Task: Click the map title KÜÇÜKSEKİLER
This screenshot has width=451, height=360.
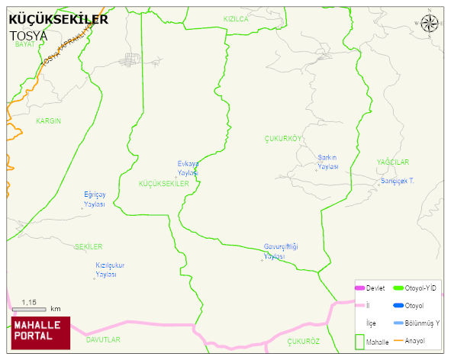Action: pyautogui.click(x=58, y=20)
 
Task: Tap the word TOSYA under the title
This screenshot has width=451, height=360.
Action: pyautogui.click(x=28, y=36)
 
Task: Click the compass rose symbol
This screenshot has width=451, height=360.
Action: pyautogui.click(x=430, y=24)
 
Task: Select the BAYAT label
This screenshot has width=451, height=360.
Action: pyautogui.click(x=25, y=45)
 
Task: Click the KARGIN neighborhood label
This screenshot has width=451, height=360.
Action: pyautogui.click(x=48, y=121)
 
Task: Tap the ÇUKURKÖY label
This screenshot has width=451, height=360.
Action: pyautogui.click(x=283, y=138)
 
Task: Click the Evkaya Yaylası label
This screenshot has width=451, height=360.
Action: pyautogui.click(x=188, y=169)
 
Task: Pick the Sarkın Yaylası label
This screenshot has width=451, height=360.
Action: pyautogui.click(x=327, y=162)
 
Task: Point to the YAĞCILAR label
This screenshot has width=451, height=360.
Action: pyautogui.click(x=393, y=162)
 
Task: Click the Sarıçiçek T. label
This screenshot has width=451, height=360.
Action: pyautogui.click(x=397, y=182)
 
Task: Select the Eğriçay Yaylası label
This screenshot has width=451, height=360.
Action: pyautogui.click(x=95, y=200)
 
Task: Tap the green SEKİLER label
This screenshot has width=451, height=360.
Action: pyautogui.click(x=89, y=247)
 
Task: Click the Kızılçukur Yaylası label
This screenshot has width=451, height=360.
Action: pyautogui.click(x=110, y=269)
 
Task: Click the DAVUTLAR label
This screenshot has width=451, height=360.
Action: pyautogui.click(x=103, y=339)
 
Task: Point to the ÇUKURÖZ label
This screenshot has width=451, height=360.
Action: pyautogui.click(x=303, y=342)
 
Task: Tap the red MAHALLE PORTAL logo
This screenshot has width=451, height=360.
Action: pyautogui.click(x=40, y=332)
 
